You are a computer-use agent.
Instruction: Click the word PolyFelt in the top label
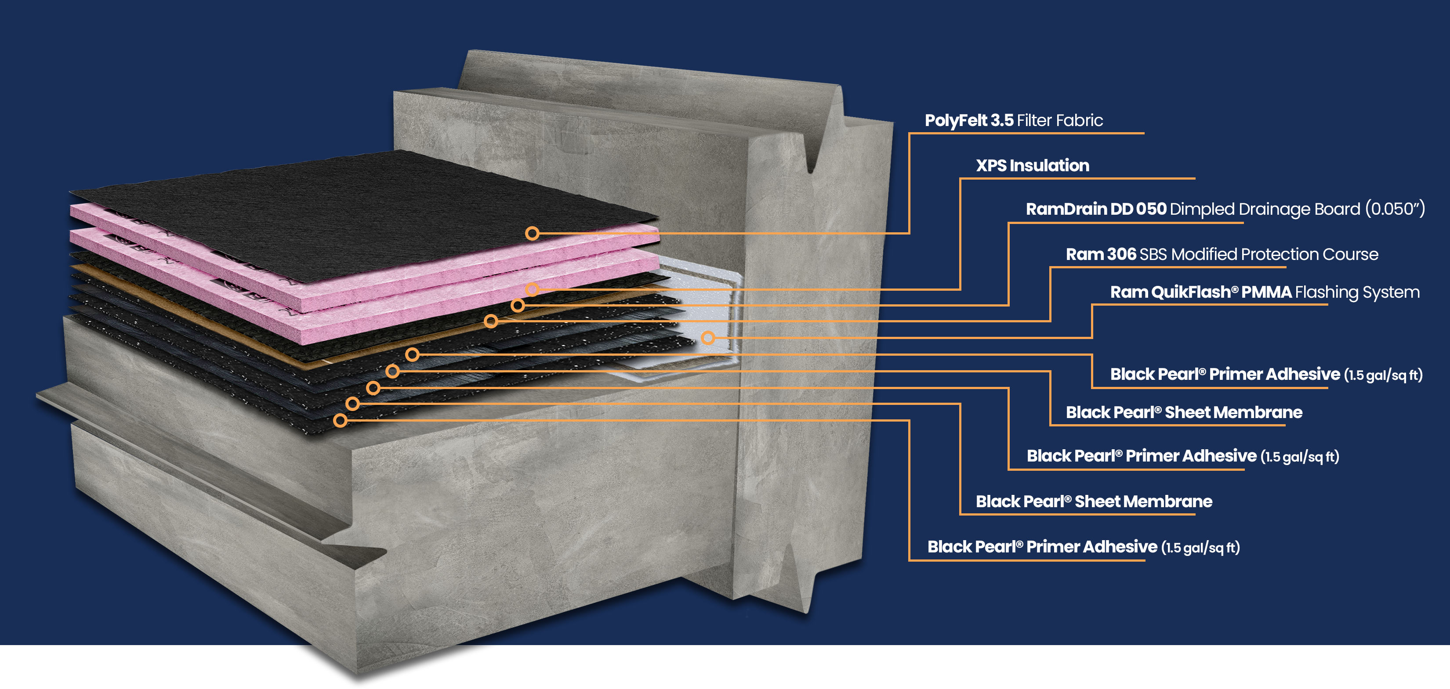click(955, 120)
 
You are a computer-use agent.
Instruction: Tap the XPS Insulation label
click(1032, 166)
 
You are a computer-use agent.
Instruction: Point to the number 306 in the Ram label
click(1121, 254)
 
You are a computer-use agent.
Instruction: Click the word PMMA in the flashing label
click(1266, 292)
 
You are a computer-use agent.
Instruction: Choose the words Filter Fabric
click(1059, 120)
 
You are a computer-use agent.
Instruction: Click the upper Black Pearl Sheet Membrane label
click(1184, 412)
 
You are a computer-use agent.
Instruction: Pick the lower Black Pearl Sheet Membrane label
click(1094, 501)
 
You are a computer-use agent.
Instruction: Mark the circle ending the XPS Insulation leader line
click(532, 290)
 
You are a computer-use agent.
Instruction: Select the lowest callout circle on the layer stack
click(340, 420)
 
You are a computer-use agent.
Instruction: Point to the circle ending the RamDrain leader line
click(517, 305)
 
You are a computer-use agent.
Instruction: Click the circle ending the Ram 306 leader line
click(491, 321)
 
